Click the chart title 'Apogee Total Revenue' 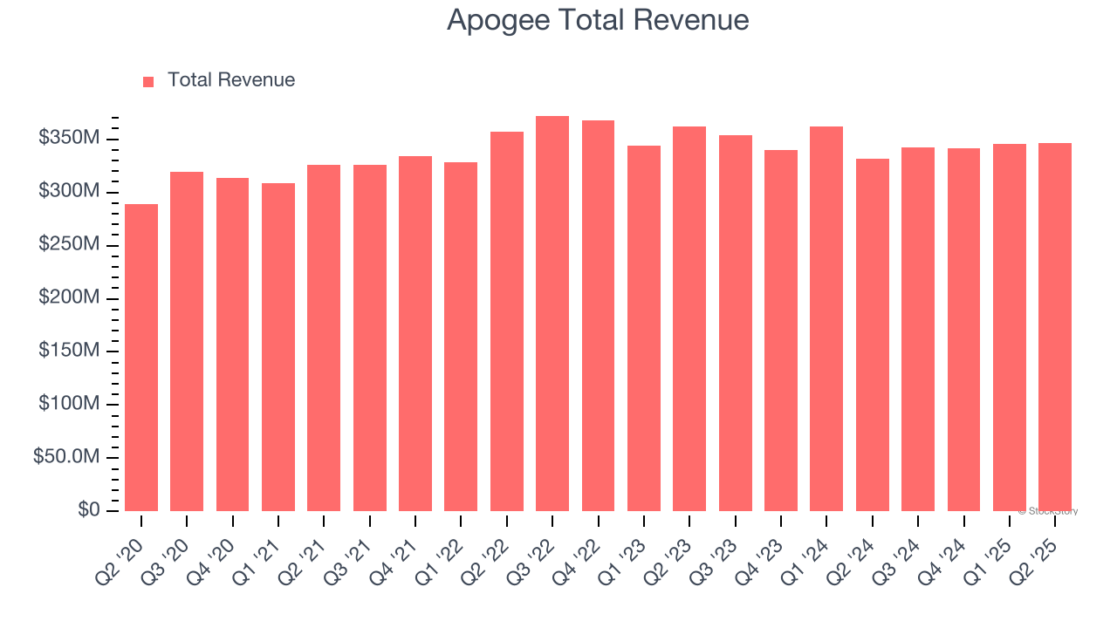598,19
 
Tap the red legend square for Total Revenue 148,81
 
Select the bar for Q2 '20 141,358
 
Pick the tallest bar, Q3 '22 552,314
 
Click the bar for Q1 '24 826,319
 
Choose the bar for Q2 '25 1054,327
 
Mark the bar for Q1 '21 278,347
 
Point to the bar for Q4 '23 780,331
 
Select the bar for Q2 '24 872,335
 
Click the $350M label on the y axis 69,139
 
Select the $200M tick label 69,298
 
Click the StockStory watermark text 1048,511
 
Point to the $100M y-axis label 69,405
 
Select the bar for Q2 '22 507,322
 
